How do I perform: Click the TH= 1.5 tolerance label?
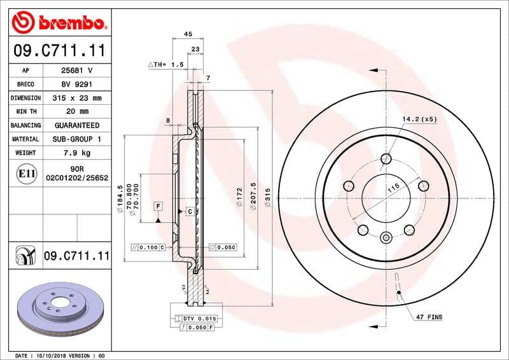pos(166,65)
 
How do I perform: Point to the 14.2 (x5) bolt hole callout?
pos(419,119)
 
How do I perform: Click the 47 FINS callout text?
pos(429,317)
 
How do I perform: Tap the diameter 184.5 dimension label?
pos(120,202)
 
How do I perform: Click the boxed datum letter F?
pos(158,205)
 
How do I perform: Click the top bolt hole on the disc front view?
pos(386,158)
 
